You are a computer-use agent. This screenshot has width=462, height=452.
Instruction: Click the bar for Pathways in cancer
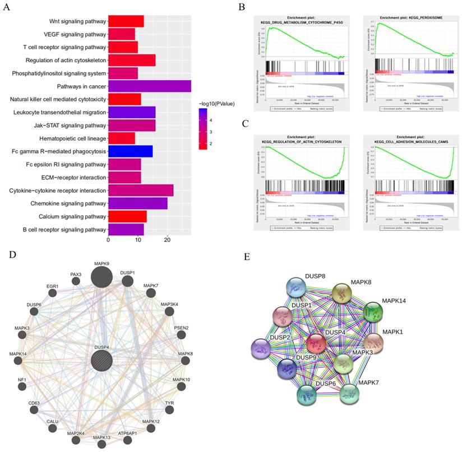149,86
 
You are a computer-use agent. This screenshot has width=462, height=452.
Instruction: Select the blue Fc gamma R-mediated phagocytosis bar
130,151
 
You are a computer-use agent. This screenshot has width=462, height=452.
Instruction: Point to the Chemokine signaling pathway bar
137,203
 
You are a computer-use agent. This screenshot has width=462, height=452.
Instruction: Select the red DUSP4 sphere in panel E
316,342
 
